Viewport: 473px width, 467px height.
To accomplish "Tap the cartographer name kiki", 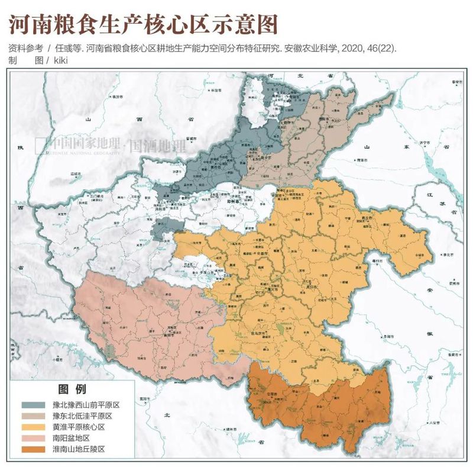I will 61,60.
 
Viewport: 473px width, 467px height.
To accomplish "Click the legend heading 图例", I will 72,389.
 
